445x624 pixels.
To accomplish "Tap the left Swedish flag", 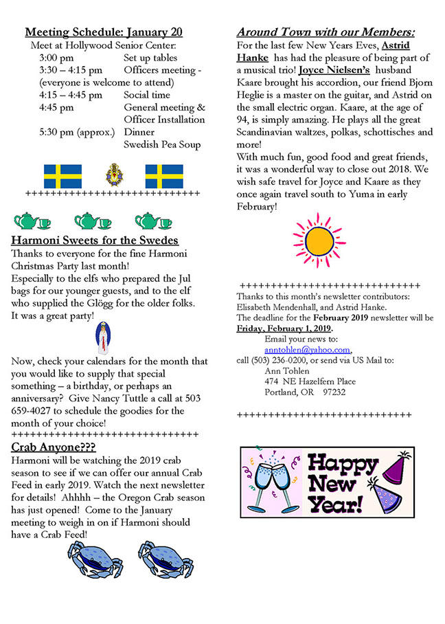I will click(62, 176).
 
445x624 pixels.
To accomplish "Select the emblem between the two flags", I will click(113, 175).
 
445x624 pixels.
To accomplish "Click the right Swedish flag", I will click(164, 176).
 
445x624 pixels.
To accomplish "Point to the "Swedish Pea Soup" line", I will click(163, 144).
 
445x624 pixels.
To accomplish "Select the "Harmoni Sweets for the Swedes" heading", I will click(95, 241).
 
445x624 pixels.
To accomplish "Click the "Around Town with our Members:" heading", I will click(326, 32).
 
